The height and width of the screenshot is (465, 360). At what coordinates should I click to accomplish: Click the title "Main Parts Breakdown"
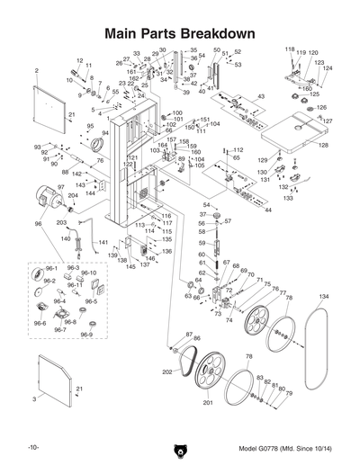coord(179,33)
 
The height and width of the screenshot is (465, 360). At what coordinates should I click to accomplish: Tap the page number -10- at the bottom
coord(33,447)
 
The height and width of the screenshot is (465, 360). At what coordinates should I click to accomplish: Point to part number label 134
coord(323,296)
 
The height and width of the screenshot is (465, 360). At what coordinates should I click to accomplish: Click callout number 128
coord(323,145)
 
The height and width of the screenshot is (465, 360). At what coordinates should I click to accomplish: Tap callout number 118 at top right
coord(290,49)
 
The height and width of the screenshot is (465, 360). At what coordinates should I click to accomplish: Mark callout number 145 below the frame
coord(131,267)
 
